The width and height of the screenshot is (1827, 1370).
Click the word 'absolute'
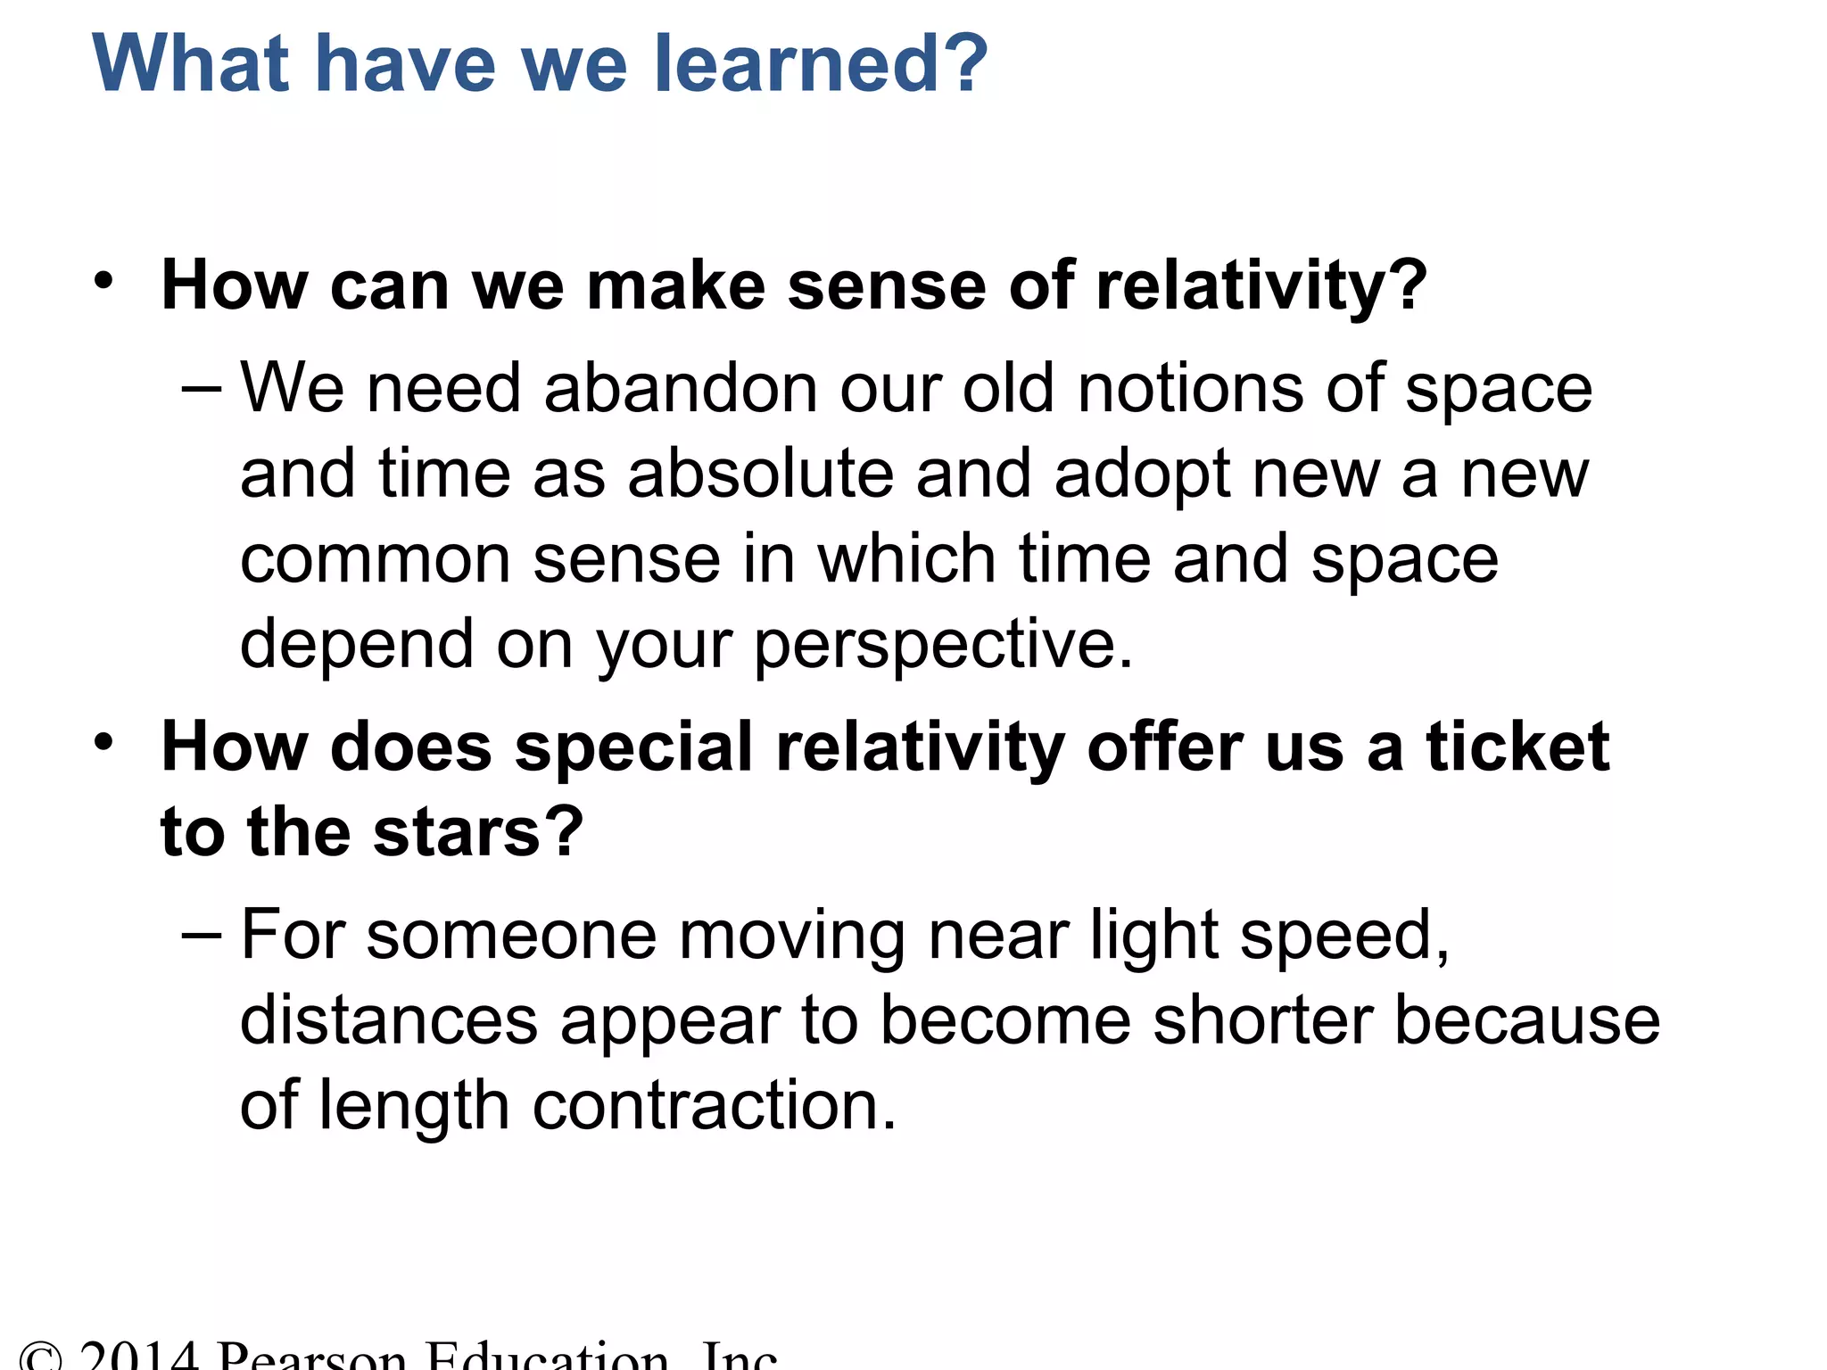coord(760,474)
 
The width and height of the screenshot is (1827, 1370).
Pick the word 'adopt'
coord(1142,475)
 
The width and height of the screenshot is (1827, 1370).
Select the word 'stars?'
coord(478,831)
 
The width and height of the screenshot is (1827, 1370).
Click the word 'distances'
coord(389,1020)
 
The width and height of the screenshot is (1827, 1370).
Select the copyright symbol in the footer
coord(41,1358)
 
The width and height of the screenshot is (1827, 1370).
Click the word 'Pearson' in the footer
coord(312,1358)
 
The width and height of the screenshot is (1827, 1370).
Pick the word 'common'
coord(376,560)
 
